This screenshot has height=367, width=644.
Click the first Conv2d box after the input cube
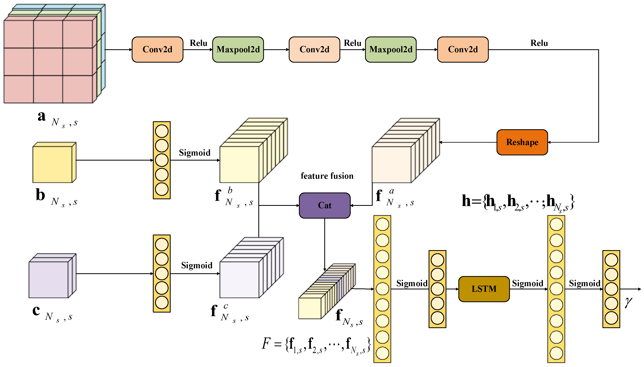pos(157,49)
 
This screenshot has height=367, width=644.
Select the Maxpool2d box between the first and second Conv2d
pos(238,49)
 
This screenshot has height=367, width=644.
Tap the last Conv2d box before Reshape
pos(463,49)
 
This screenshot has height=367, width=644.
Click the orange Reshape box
pos(522,142)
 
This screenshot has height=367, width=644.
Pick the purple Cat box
pos(324,205)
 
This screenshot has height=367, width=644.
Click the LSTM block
pos(484,289)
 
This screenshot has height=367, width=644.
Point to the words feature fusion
pos(327,176)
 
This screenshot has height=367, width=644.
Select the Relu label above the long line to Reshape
pos(539,43)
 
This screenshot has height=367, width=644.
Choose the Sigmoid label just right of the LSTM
pos(527,283)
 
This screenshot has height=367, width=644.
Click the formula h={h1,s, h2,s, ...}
pos(518,202)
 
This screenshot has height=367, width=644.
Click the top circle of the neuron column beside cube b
pos(162,131)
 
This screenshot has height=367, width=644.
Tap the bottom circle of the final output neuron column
pos(611,318)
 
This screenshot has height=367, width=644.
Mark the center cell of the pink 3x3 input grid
pos(48,61)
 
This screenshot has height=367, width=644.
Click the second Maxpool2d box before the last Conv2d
pos(391,49)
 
